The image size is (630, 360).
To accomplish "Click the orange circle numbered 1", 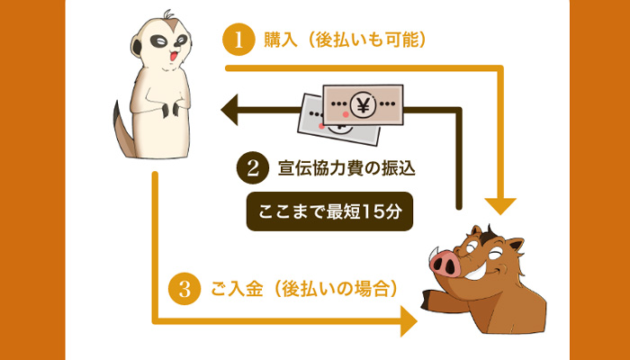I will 238,40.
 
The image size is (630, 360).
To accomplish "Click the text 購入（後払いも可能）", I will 343,40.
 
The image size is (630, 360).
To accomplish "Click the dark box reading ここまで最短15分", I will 329,213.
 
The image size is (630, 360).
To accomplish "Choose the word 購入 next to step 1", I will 278,40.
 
